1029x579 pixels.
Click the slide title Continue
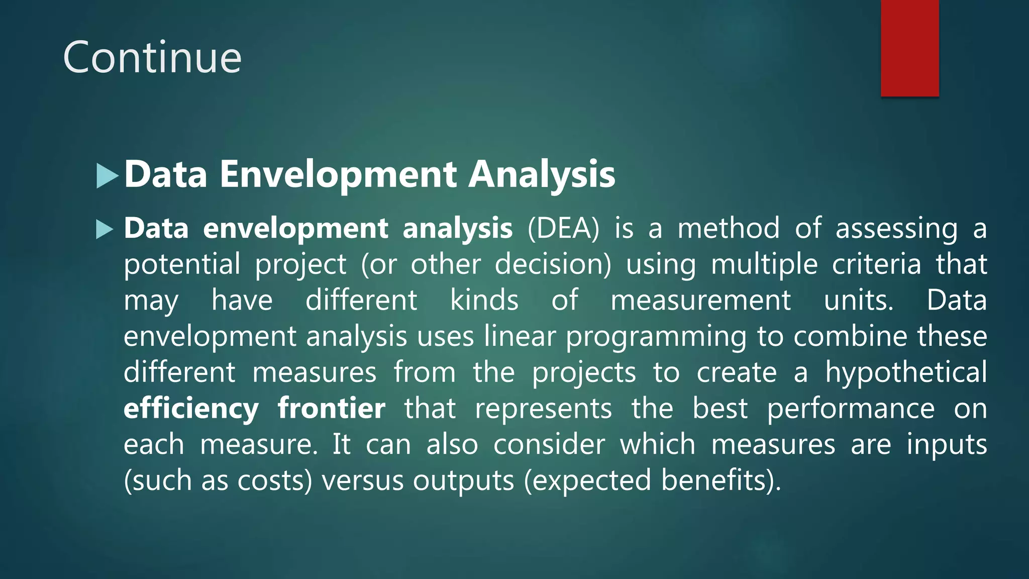152,58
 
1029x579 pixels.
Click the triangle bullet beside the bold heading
107,176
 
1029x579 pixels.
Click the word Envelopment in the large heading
338,174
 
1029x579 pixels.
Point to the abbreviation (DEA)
563,229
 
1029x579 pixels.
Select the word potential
182,265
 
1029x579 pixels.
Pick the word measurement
700,301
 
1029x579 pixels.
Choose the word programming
656,337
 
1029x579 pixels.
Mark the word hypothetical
906,373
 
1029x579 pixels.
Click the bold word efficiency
191,409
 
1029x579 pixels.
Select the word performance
851,409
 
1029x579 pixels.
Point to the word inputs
947,445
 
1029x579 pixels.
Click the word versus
363,480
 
